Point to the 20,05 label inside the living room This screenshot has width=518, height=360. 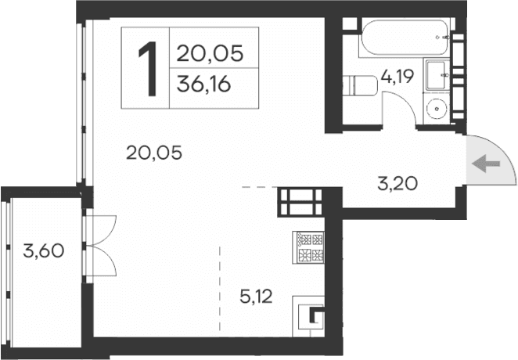click(153, 153)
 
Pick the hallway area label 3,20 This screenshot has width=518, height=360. click(397, 185)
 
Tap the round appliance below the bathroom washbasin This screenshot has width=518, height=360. click(436, 108)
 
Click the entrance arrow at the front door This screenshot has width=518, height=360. click(487, 164)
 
